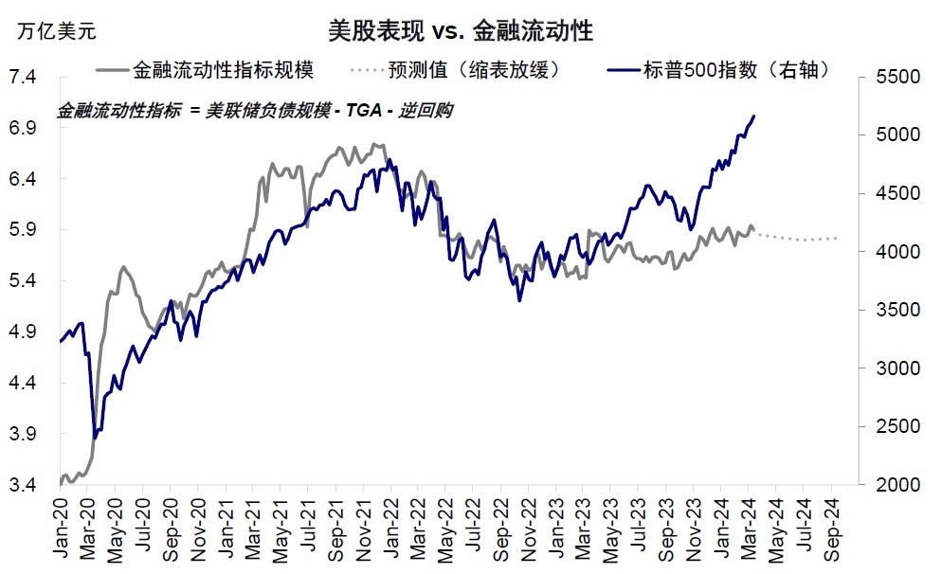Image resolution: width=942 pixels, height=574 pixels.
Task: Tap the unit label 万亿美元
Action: (57, 31)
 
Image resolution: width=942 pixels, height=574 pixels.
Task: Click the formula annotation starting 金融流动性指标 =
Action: (255, 111)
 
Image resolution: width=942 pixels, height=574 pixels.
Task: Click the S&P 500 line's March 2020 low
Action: (95, 438)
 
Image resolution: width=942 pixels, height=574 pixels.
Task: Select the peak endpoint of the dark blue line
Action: (754, 117)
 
